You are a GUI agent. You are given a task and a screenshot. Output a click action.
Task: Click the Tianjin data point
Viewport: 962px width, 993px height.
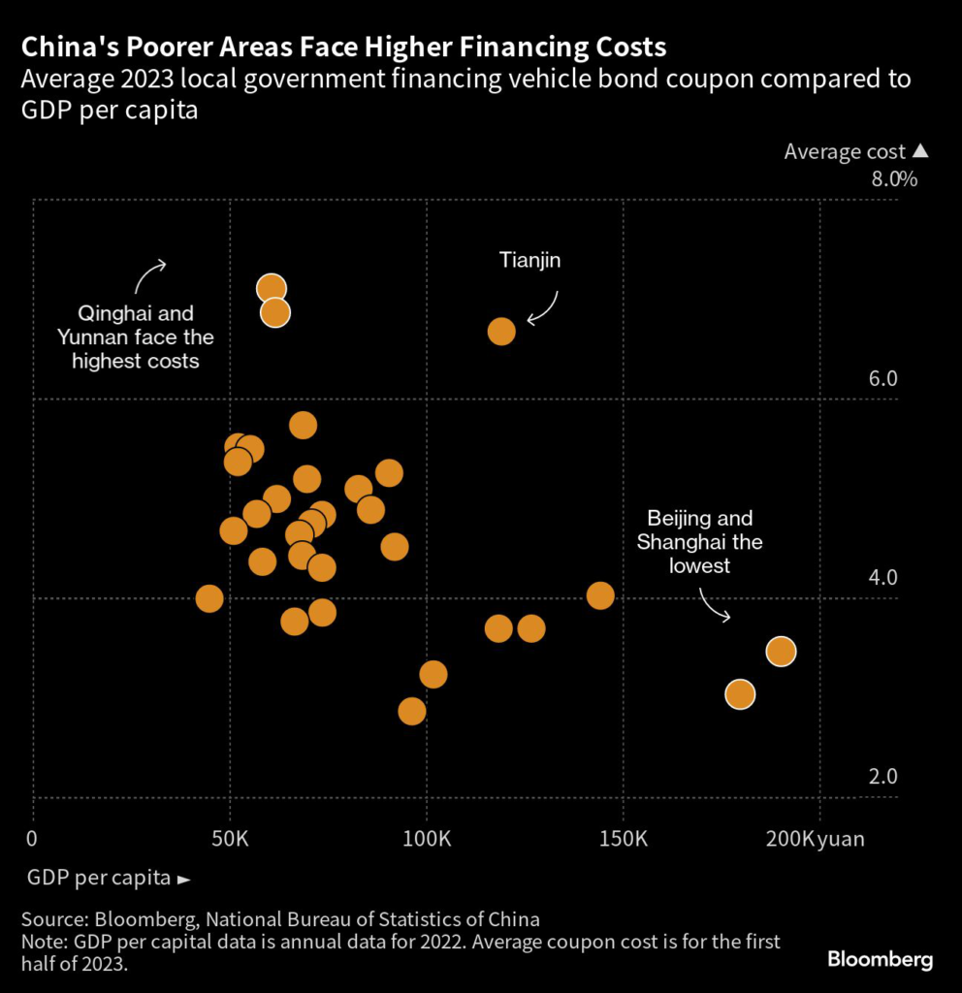click(x=500, y=332)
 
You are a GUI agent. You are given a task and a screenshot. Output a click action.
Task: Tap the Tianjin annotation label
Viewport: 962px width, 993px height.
click(x=530, y=260)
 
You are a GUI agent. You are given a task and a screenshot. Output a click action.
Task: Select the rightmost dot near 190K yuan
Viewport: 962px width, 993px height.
click(x=781, y=651)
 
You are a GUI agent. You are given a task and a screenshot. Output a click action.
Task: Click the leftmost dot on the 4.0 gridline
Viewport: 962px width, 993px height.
click(x=209, y=598)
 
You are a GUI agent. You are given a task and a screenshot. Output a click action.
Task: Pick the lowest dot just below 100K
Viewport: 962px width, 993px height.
click(x=412, y=712)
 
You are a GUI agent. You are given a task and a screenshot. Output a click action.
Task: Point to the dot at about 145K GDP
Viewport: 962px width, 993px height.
click(x=600, y=595)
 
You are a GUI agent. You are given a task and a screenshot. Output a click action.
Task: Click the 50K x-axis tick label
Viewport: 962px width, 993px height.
click(x=231, y=838)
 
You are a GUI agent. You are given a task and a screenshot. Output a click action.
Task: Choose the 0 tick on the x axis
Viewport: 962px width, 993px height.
click(x=33, y=838)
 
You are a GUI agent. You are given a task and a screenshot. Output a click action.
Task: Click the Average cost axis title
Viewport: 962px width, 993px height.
click(x=845, y=152)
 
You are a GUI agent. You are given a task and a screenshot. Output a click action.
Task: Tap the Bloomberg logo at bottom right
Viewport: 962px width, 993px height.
click(x=880, y=960)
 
